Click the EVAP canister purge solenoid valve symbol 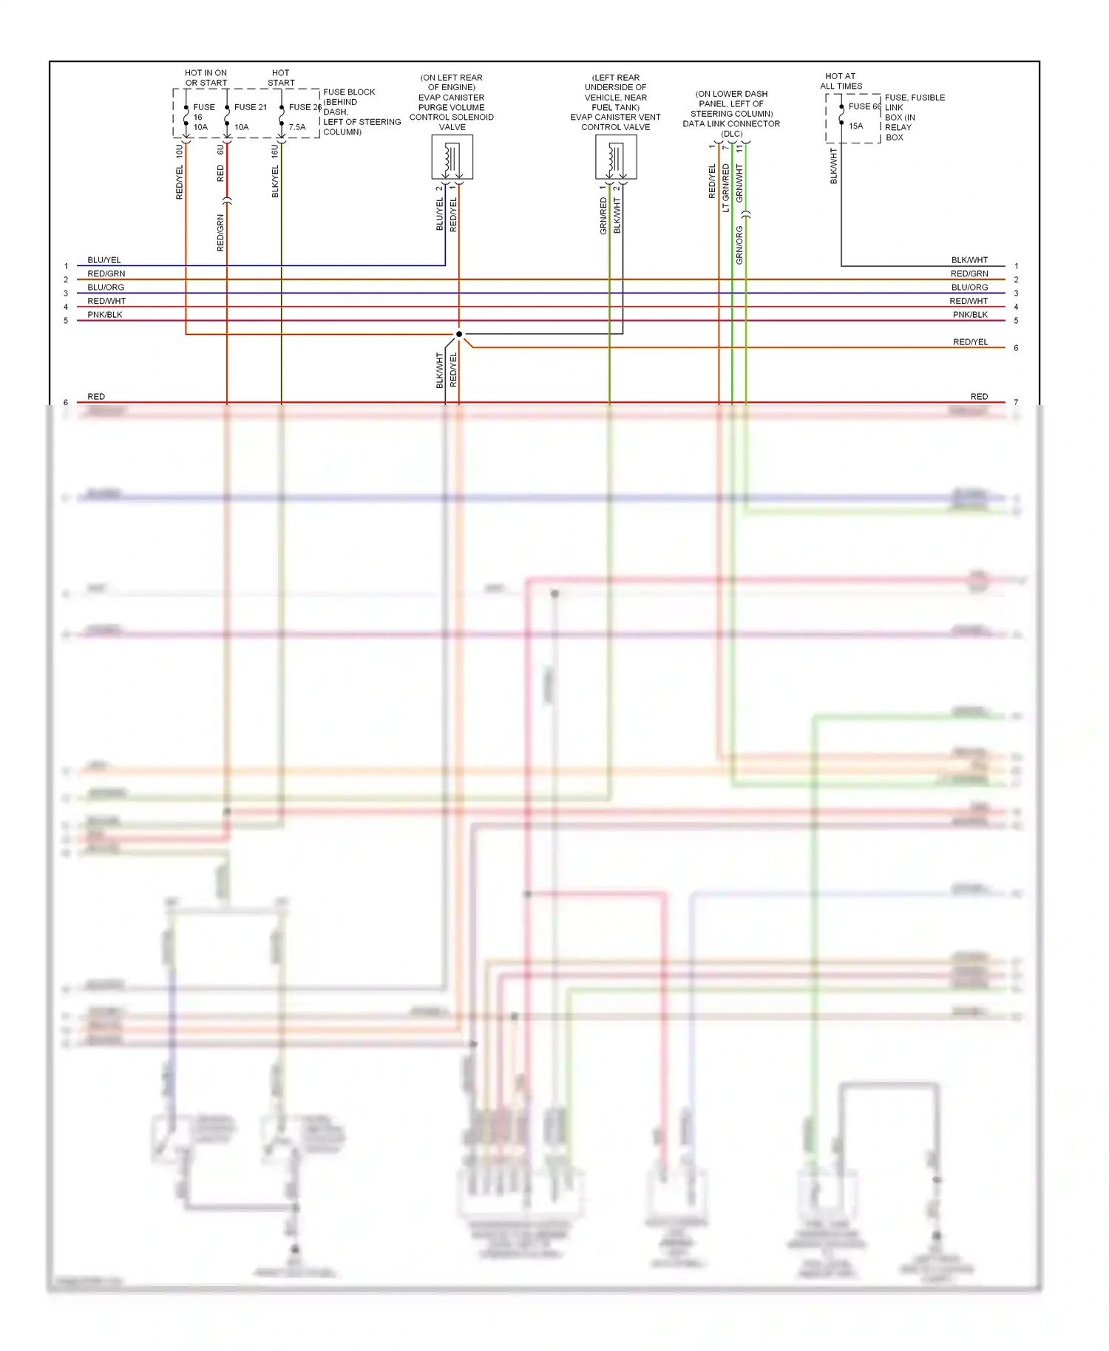tap(452, 157)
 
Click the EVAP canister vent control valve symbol tap(616, 157)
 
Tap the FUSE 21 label tap(250, 107)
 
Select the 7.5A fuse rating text tap(297, 127)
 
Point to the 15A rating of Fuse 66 tap(855, 126)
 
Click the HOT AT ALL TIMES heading tap(841, 81)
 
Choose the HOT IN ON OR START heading tap(206, 78)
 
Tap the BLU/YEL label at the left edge tap(104, 260)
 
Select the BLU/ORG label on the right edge tap(969, 287)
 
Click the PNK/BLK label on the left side tap(105, 315)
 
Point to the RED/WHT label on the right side tap(969, 302)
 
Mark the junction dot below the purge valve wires tap(459, 334)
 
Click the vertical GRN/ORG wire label tap(739, 245)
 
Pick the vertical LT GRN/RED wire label tap(726, 188)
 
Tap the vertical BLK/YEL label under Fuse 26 tap(276, 182)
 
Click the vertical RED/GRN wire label tap(220, 233)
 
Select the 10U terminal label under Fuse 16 tap(180, 152)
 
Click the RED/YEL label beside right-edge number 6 tap(970, 342)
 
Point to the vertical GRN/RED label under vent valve tap(603, 216)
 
